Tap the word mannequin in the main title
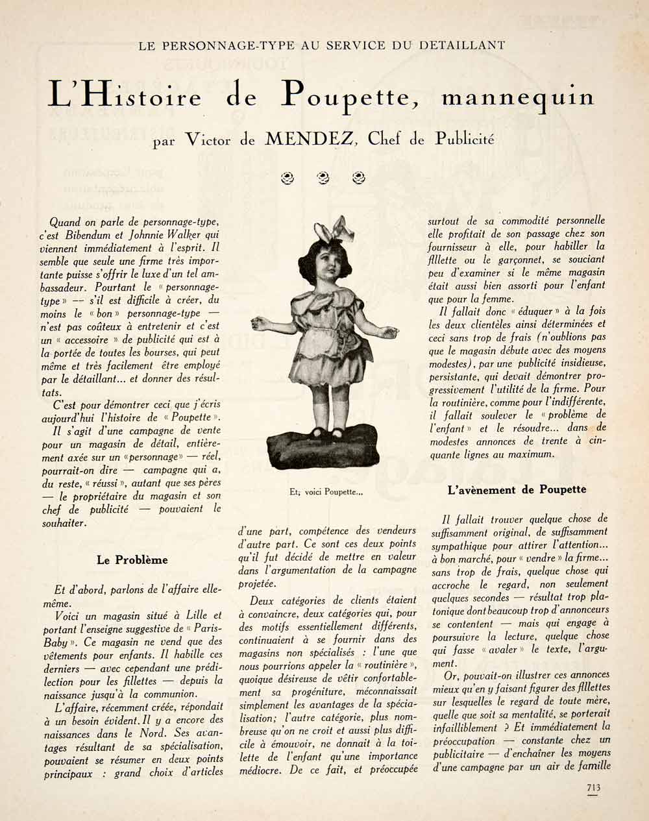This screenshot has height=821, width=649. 517,97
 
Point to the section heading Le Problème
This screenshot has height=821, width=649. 132,559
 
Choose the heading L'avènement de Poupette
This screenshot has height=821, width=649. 517,489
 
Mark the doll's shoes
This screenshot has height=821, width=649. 328,432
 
